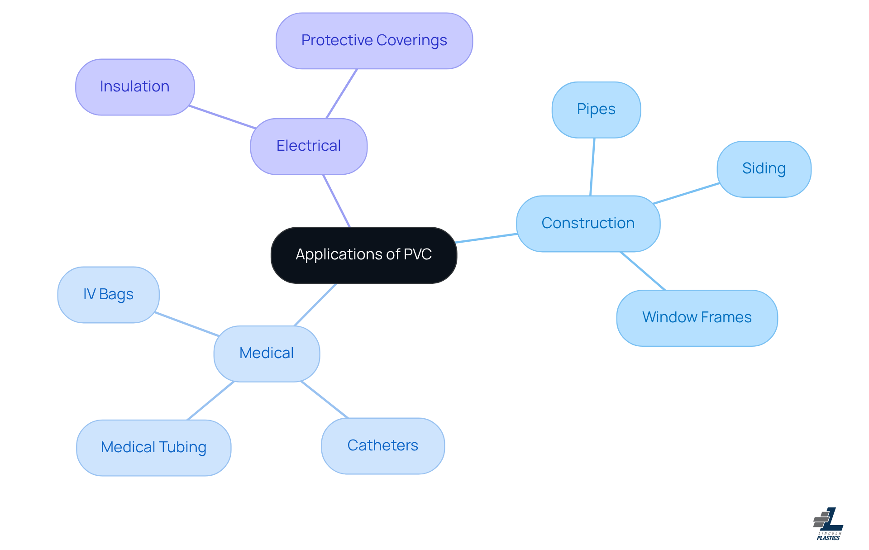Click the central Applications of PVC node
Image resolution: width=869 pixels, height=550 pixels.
(x=363, y=255)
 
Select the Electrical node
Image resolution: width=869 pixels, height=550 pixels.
(x=309, y=146)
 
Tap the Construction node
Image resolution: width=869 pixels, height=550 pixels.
(x=588, y=224)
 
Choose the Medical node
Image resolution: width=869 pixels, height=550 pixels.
(x=267, y=354)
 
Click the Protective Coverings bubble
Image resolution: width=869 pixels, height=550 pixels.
(x=374, y=41)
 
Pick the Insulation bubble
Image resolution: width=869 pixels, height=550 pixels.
(x=135, y=87)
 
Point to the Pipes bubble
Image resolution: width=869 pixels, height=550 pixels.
(x=596, y=110)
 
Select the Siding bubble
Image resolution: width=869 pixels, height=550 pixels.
(x=764, y=169)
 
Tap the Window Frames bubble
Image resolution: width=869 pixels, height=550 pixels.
(x=697, y=318)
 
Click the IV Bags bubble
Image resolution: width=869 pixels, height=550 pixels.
(x=109, y=295)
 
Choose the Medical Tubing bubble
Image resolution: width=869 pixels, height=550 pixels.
(x=154, y=448)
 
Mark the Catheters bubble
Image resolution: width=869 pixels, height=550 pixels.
(x=383, y=446)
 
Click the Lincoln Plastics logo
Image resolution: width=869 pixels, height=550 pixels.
(x=828, y=524)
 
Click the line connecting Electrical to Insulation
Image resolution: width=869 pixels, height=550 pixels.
(x=222, y=117)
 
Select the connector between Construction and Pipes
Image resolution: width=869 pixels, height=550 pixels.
(x=592, y=167)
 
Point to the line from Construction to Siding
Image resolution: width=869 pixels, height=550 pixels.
(x=686, y=193)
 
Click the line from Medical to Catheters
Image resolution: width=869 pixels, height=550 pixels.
(x=325, y=400)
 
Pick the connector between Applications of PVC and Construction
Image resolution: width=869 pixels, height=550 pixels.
(x=487, y=238)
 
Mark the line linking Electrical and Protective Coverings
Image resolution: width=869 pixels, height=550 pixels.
(x=342, y=94)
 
